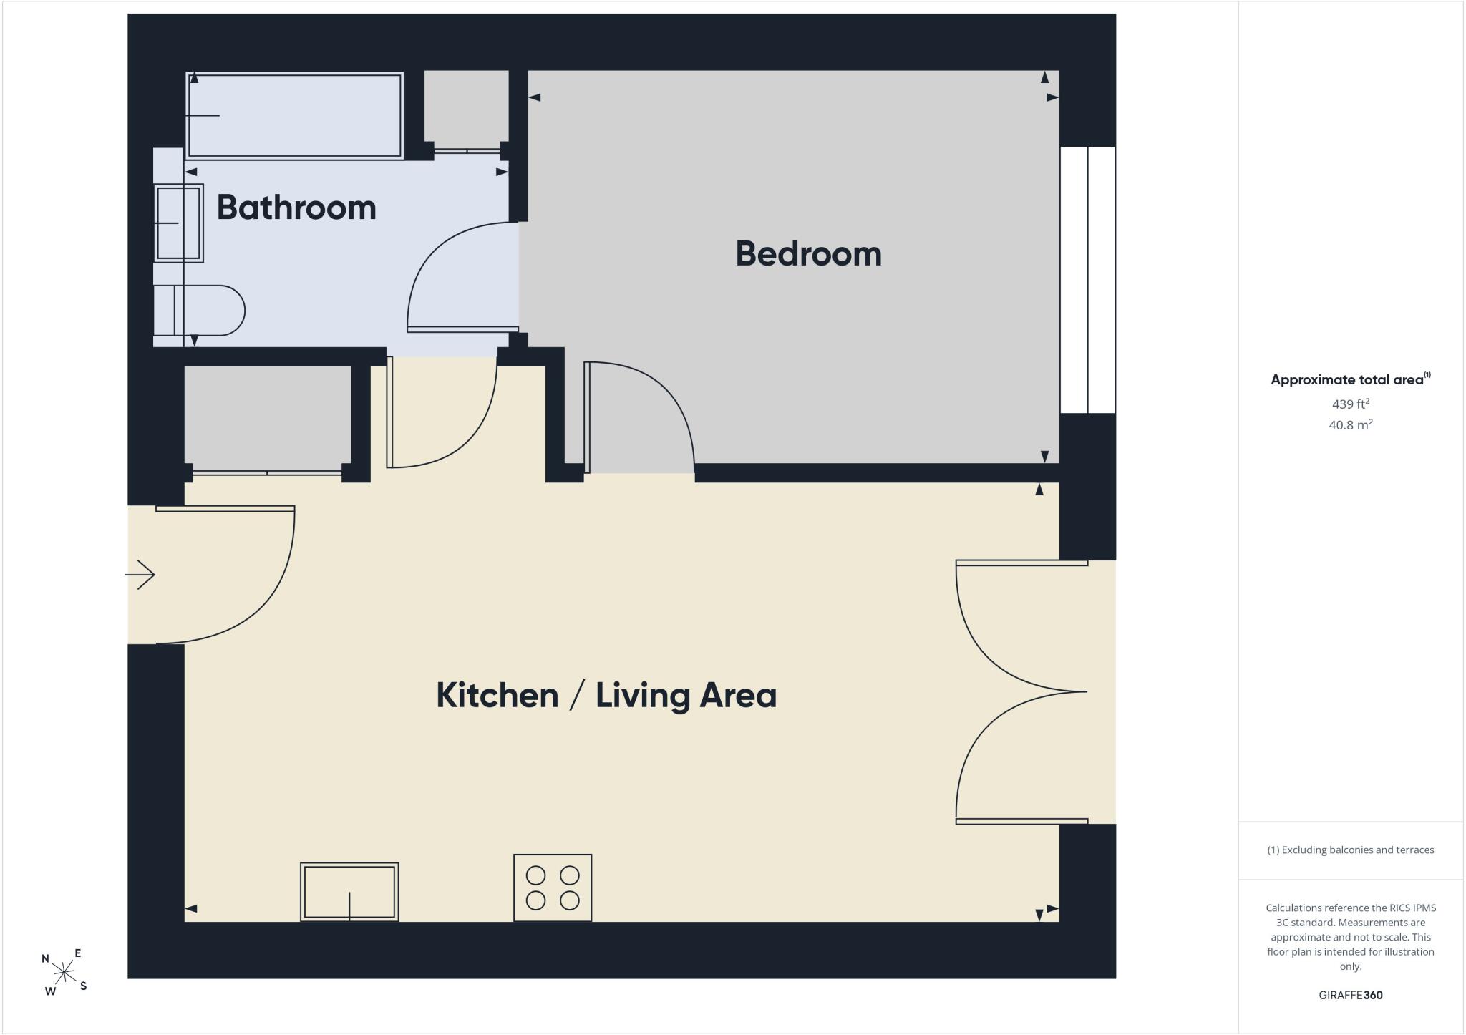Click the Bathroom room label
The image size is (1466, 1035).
[x=296, y=208]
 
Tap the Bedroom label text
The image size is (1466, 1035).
[x=808, y=254]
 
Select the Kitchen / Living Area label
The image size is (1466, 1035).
[x=606, y=695]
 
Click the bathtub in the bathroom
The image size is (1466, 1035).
[x=294, y=115]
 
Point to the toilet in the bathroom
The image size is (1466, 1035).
[x=199, y=311]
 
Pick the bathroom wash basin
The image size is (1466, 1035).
[x=178, y=223]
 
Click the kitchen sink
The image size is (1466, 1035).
[x=349, y=892]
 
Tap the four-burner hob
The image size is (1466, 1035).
[x=553, y=888]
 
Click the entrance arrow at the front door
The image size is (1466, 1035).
[x=140, y=575]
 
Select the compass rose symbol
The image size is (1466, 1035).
[x=64, y=972]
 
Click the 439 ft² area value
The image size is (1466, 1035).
[x=1351, y=403]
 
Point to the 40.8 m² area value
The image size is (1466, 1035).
[x=1351, y=424]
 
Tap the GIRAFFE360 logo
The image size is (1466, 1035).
[x=1351, y=995]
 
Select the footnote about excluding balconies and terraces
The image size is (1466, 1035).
[x=1351, y=850]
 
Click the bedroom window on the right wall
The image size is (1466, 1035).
[x=1087, y=280]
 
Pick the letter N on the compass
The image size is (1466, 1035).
[x=46, y=959]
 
